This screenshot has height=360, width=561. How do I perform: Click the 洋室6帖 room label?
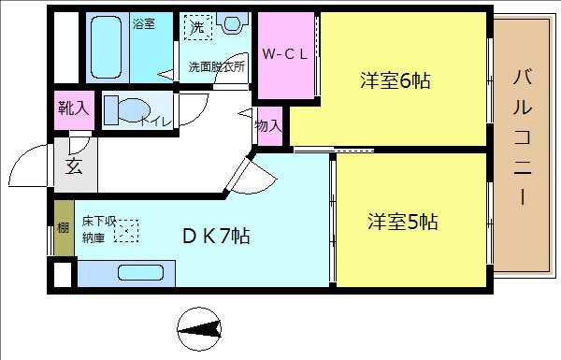[395, 81]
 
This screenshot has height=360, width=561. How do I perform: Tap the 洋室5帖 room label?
[402, 223]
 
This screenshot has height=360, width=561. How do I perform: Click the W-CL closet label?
[284, 53]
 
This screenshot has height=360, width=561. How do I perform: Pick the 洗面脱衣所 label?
[217, 67]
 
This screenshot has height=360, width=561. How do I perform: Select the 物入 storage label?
[268, 125]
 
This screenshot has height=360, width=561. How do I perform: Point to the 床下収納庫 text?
[97, 230]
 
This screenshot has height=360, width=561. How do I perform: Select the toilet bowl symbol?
[122, 109]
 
